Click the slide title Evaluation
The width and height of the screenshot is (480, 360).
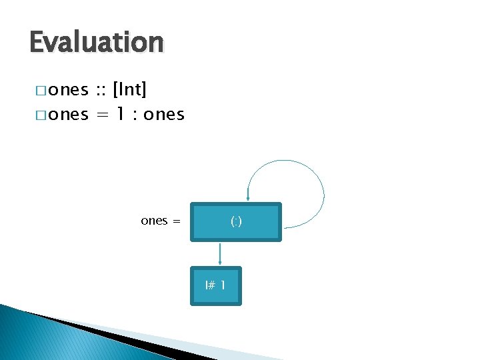(97, 43)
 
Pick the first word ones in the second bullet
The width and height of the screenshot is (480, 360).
(69, 115)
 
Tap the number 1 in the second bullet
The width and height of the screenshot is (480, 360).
(121, 115)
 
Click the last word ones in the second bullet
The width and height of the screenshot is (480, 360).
(164, 115)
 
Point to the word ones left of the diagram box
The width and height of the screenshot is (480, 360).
(154, 221)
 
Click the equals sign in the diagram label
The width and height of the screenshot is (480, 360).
(177, 221)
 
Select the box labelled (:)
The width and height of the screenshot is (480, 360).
(236, 221)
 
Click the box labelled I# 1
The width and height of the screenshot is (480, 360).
(215, 286)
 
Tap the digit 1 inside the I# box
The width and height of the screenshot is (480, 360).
(222, 286)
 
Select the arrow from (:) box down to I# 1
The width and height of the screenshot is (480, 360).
(220, 253)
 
